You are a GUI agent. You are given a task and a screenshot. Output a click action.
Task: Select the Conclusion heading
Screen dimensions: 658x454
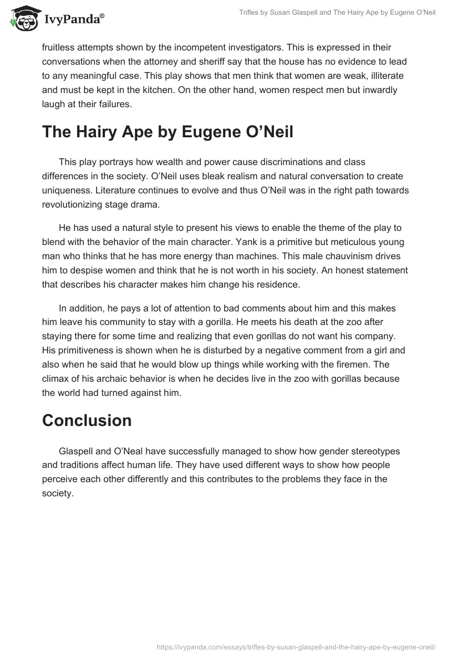point(87,420)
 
